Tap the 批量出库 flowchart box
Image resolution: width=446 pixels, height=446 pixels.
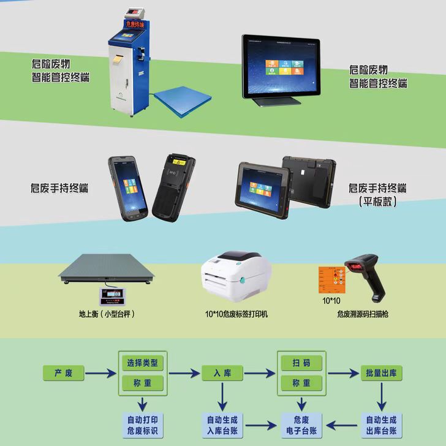(380, 372)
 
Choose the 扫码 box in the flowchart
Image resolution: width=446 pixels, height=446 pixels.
(301, 363)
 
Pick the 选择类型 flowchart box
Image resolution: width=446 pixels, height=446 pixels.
(142, 363)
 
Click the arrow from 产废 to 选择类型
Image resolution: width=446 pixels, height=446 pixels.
(100, 372)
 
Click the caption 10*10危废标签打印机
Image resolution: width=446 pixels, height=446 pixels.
(236, 314)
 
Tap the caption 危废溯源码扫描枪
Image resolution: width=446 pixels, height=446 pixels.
(363, 314)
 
